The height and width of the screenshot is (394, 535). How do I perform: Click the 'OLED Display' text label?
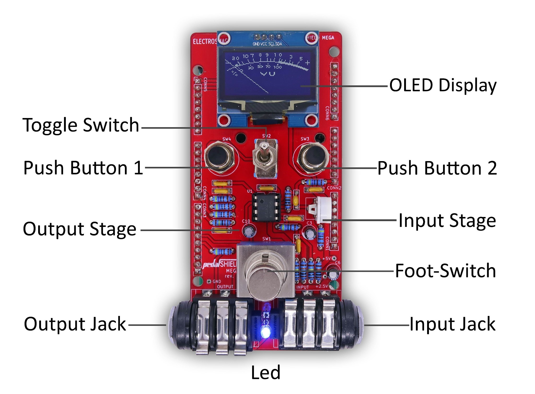pos(443,85)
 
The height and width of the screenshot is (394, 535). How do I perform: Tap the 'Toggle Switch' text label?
pos(81,125)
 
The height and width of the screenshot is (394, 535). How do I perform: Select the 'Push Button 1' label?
pos(83,168)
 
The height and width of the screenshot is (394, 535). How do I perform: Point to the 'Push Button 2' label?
pos(437,168)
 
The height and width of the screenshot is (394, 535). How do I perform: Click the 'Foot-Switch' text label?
pos(445,271)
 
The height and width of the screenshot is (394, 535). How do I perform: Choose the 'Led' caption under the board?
pos(265,373)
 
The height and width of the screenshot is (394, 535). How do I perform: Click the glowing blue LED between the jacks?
pos(266,332)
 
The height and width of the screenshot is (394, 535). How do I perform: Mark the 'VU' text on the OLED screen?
pos(268,74)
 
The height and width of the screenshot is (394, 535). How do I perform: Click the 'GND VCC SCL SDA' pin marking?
pos(267,44)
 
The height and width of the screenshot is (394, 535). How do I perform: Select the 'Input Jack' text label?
pos(452,324)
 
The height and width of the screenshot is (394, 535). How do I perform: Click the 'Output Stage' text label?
pos(80,229)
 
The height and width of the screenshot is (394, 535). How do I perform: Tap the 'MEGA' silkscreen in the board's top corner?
pos(328,38)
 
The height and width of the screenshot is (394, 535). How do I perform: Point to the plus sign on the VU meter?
pos(307,63)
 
